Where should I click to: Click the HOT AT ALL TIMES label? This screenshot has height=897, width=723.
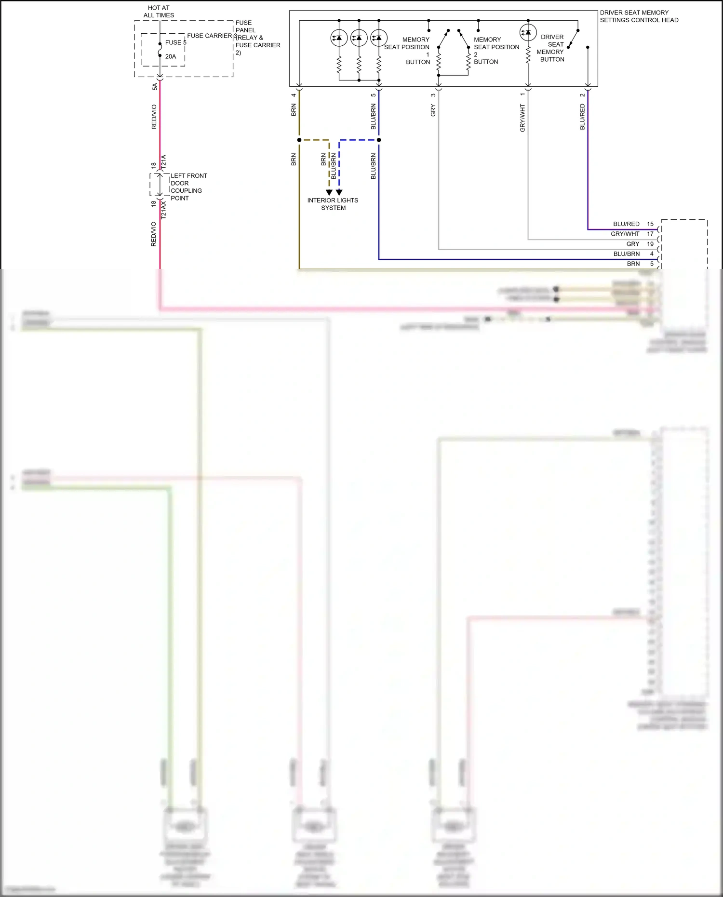(159, 12)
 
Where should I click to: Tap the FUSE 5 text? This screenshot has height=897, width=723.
(175, 42)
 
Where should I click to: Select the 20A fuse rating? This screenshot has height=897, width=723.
(171, 56)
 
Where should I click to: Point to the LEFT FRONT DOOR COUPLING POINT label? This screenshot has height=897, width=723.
(188, 187)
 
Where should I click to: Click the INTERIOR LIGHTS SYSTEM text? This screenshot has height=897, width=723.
(333, 204)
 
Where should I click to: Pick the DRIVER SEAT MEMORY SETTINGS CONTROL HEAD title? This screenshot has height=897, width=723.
(639, 16)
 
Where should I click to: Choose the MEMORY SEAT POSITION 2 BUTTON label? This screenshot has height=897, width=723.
(496, 51)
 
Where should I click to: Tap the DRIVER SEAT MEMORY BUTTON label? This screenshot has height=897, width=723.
(551, 48)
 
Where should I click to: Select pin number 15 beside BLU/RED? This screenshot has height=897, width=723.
(650, 224)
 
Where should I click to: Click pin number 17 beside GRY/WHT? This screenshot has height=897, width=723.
(650, 234)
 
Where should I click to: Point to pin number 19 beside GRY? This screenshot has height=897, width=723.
(650, 244)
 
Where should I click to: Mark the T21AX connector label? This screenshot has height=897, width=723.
(163, 211)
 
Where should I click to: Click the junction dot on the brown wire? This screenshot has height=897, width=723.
(299, 140)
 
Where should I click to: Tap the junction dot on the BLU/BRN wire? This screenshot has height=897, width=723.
(379, 140)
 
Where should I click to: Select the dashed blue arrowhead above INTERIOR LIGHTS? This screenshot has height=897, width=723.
(339, 192)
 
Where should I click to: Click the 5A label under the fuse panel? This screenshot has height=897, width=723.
(155, 87)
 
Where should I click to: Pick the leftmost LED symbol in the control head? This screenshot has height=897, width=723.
(339, 38)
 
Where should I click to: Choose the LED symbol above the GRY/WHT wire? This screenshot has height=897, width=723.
(528, 32)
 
